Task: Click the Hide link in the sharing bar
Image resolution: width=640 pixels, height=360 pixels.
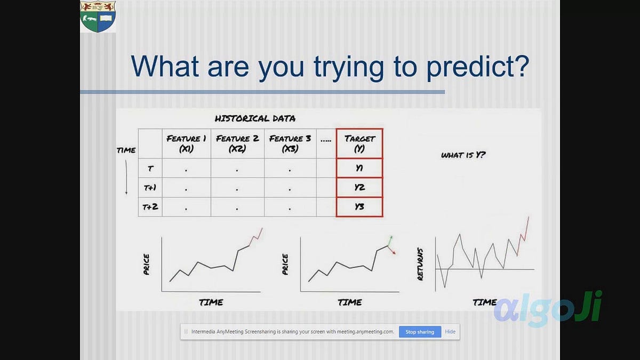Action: tap(450, 332)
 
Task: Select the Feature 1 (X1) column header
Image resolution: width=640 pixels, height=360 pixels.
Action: tap(186, 143)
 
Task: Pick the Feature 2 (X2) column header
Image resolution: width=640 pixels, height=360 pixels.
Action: tap(237, 143)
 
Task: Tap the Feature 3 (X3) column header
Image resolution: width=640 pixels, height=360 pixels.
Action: tap(290, 143)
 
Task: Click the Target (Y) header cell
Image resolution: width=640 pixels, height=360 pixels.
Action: tap(359, 143)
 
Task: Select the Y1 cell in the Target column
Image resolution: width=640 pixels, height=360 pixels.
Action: tap(359, 168)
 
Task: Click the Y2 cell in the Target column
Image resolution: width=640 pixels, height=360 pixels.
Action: tap(359, 188)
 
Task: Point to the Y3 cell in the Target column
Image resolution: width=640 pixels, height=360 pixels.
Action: tap(359, 207)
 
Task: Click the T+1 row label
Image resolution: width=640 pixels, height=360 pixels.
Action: tap(150, 188)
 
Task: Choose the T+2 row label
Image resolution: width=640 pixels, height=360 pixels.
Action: tap(150, 207)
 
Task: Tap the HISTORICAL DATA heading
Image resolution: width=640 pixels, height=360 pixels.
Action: tap(254, 118)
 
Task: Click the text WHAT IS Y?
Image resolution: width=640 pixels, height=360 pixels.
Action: tap(463, 155)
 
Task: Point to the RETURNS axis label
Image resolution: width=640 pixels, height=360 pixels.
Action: tap(421, 264)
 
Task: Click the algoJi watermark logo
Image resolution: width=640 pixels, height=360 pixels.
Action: tap(547, 308)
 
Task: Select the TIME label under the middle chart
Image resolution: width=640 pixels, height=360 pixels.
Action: tap(349, 302)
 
